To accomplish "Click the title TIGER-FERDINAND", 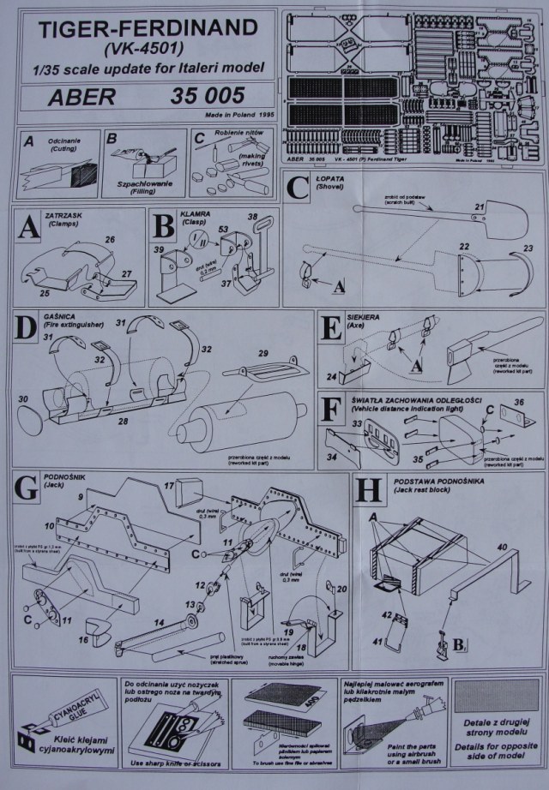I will click(x=141, y=29).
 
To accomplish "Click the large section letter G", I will click(x=29, y=489).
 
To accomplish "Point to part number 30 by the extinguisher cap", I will click(x=23, y=400).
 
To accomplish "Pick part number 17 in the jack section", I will click(x=169, y=486).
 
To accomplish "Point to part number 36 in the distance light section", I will click(x=516, y=404).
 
